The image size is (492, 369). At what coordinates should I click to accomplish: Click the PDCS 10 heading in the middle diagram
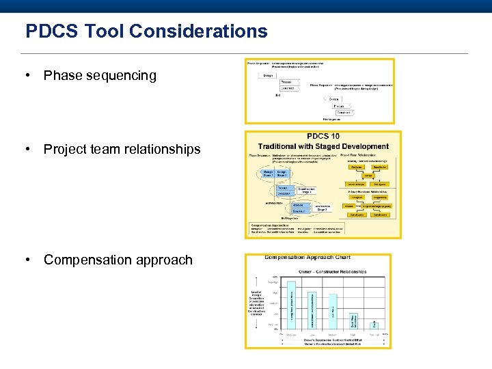point(323,137)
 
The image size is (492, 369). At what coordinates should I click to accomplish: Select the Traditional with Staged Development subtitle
point(323,146)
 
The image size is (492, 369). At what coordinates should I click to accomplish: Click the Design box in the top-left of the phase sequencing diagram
point(269,75)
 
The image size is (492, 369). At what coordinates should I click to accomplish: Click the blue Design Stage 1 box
point(269,173)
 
